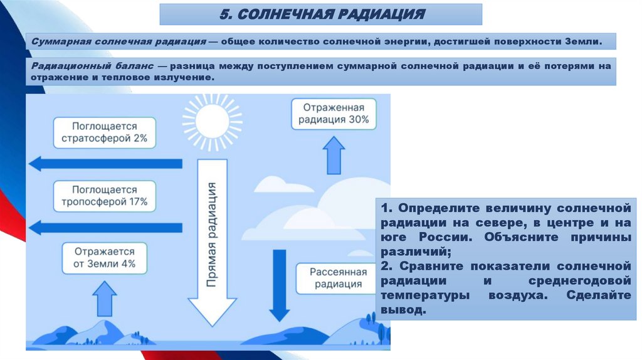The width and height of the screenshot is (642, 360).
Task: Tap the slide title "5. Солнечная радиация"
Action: (320, 14)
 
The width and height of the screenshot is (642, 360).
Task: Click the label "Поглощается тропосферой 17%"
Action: (104, 196)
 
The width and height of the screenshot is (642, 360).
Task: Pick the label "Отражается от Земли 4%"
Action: (104, 257)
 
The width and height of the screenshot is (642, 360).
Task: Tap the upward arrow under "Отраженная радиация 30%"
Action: (333, 156)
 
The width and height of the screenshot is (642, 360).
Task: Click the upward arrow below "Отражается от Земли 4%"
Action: (104, 299)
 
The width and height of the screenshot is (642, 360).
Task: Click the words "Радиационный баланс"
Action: (90, 66)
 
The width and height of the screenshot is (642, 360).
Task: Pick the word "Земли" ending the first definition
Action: (583, 41)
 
